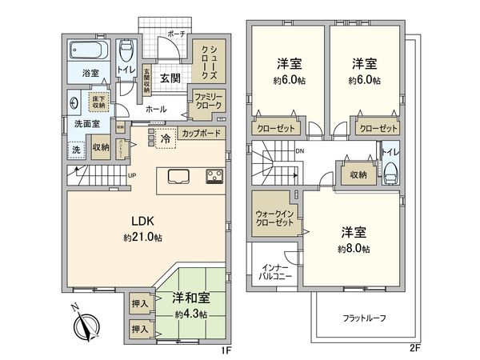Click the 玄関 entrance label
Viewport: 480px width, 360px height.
tap(169, 78)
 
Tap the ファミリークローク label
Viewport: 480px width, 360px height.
tap(206, 100)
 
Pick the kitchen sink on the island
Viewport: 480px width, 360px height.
tap(178, 176)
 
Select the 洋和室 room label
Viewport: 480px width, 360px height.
tap(189, 298)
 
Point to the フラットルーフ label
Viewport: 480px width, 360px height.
tap(365, 318)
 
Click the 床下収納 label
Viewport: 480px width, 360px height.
tap(98, 102)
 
